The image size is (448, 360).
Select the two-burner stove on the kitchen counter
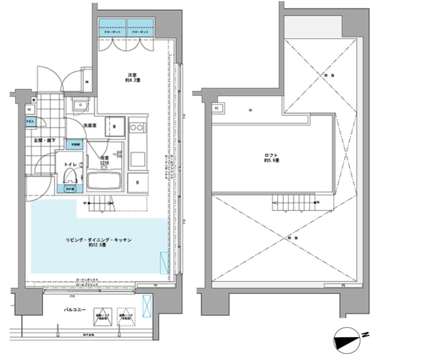[x=137, y=127]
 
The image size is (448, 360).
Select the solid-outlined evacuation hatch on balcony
[x=101, y=318]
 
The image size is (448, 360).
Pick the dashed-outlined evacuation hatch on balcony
[x=126, y=318]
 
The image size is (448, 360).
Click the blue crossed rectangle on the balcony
[x=146, y=303]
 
